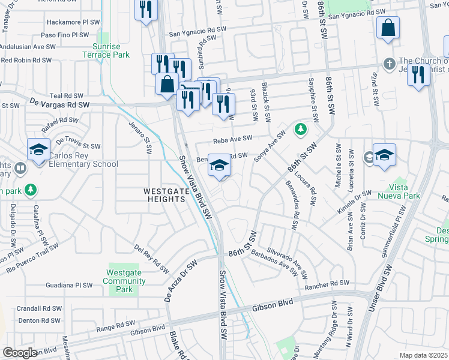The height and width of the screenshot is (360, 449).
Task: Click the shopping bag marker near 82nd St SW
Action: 388,28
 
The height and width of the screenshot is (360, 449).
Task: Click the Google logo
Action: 20,353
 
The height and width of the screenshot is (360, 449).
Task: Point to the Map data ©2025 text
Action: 424,355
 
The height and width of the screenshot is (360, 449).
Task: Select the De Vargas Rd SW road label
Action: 59,104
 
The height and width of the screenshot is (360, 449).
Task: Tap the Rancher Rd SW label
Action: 327,283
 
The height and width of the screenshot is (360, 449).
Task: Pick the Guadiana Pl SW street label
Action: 71,286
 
